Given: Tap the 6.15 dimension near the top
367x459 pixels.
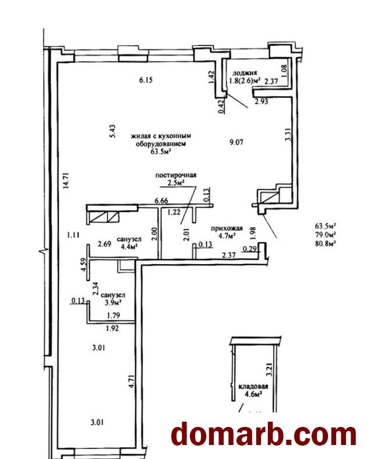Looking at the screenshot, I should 145,80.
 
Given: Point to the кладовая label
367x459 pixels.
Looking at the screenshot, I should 253,387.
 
